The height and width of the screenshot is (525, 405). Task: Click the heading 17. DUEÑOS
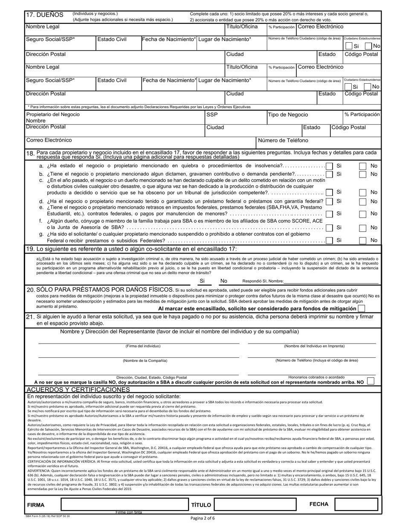coord(45,15)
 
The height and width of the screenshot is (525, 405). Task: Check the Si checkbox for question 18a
coord(329,166)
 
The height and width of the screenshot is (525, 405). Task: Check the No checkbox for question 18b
coord(362,174)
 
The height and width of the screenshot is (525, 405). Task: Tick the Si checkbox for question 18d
coord(329,201)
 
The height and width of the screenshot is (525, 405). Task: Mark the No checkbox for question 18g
coord(362,240)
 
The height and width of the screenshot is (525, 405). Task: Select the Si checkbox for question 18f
coord(329,228)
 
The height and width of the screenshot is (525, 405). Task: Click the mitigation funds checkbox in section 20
coord(362,309)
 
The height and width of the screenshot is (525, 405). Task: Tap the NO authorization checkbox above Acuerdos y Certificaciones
coord(370,381)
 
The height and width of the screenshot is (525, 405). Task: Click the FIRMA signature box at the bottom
coord(124,505)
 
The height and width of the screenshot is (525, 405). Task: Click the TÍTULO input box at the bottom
coord(255,505)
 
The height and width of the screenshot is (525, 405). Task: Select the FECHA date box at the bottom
coord(356,505)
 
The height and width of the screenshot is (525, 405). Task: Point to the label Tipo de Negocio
coord(288,115)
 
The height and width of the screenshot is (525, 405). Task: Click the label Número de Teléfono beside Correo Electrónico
coord(283,140)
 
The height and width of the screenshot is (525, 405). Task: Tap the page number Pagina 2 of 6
coord(202,519)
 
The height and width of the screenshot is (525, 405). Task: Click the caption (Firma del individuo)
coord(143,346)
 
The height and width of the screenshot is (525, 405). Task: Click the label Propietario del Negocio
coord(53,115)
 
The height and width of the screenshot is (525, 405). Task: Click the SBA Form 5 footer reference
coord(49,516)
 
